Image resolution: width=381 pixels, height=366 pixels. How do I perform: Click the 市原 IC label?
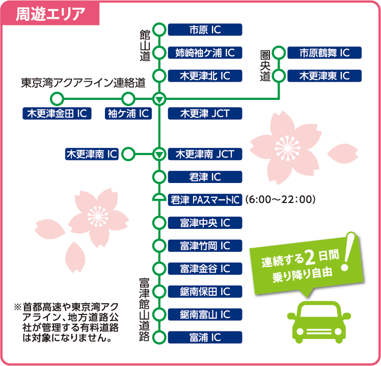205,30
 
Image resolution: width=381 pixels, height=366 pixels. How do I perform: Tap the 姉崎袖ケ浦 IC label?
205,53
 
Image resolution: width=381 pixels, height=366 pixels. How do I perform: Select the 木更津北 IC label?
205,75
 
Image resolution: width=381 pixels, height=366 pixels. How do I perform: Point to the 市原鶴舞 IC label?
324,53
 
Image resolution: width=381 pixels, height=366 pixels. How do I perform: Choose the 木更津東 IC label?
324,75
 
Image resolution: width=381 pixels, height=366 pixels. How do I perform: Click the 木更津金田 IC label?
57,113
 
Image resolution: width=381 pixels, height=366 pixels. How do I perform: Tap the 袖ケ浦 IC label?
128,113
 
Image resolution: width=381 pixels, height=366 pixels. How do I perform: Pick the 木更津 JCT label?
205,113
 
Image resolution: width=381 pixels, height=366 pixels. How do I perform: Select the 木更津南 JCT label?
205,153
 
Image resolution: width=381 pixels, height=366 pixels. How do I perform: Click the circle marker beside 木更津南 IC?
128,153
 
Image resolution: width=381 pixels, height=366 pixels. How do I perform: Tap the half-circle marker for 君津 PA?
159,199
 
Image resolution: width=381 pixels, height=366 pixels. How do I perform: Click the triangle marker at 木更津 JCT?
159,98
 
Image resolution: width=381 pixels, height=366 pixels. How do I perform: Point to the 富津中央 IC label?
205,223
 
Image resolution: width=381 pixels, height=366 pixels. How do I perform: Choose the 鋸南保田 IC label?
205,291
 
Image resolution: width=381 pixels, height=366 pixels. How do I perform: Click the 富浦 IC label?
205,337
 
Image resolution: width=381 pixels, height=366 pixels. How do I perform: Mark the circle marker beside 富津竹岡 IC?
159,246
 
